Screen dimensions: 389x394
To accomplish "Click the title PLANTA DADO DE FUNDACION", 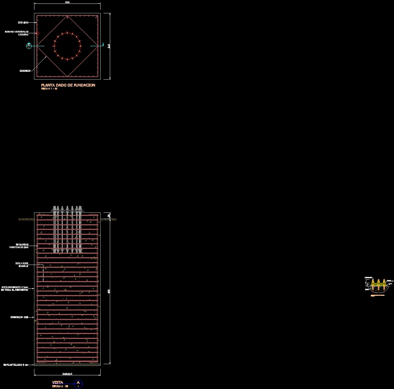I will point(68,85).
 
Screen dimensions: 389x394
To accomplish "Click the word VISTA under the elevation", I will point(58,382).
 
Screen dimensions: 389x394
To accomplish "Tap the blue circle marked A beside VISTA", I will point(79,383).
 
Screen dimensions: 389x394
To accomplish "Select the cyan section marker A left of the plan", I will point(29,46).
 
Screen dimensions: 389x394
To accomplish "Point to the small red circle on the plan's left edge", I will point(38,33).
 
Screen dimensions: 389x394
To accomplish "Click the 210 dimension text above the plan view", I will point(67,2).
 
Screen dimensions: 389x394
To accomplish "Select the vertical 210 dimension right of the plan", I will point(109,46).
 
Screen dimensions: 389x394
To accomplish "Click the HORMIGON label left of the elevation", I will point(19,318).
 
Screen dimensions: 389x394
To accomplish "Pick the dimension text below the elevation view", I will point(67,374).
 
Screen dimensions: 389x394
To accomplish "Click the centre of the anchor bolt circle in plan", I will point(67,46).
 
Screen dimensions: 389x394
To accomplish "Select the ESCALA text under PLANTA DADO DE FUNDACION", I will point(49,89).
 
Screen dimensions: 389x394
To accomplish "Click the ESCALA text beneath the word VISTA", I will point(60,386).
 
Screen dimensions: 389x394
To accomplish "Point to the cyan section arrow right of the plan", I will point(102,45).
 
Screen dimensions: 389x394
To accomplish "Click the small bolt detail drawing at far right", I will point(378,286).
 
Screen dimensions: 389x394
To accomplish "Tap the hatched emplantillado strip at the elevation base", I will point(67,365).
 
